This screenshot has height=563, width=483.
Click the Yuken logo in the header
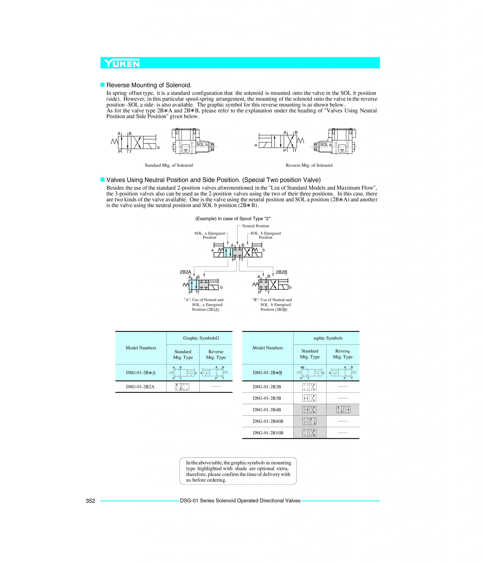click(x=122, y=63)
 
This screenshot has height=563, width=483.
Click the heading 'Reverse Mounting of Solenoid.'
click(x=149, y=85)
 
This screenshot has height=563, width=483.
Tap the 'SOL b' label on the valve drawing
click(x=202, y=144)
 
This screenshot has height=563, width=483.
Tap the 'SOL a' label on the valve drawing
click(x=325, y=144)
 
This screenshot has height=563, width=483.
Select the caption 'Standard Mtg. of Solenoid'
click(x=168, y=165)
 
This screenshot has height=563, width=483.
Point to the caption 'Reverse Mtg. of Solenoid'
click(x=309, y=165)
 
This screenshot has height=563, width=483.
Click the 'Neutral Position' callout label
click(x=255, y=226)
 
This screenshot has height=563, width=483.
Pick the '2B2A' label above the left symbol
click(x=185, y=272)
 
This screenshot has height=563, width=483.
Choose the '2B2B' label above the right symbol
click(x=281, y=272)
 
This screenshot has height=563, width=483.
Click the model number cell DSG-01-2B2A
click(x=140, y=387)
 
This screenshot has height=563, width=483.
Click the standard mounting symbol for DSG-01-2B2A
click(x=182, y=387)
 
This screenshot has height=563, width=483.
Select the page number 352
click(x=90, y=501)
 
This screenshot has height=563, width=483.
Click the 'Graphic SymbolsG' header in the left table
click(x=201, y=338)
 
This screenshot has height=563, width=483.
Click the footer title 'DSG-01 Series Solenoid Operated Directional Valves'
click(x=240, y=501)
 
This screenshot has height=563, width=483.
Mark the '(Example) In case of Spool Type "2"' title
click(x=233, y=218)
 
